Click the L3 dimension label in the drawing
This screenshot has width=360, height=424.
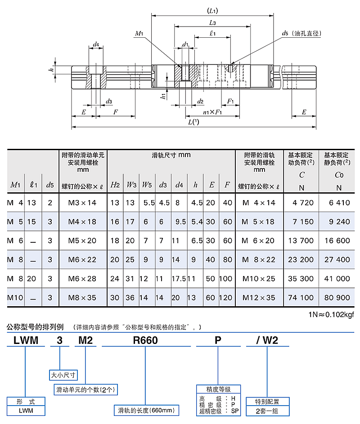212,23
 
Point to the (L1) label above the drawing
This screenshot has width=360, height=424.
212,11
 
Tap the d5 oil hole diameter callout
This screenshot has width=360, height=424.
301,33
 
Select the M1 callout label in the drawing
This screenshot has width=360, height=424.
139,34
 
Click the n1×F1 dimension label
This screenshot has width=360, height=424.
212,112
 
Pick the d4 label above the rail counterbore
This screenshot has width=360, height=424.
96,44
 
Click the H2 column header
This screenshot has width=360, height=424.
115,185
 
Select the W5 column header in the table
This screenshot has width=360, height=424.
147,185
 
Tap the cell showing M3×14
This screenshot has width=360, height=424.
82,203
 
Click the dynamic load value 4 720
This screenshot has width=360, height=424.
303,203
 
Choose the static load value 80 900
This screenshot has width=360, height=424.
337,298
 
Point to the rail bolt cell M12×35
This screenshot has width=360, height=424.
259,298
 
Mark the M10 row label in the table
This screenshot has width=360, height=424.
15,298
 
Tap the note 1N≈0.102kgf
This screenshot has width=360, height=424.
331,314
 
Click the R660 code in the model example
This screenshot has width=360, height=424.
145,340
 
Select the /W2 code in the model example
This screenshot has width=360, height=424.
267,340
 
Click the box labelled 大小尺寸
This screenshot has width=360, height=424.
63,375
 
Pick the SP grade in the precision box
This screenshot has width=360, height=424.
235,411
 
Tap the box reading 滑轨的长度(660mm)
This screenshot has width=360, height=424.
146,410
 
